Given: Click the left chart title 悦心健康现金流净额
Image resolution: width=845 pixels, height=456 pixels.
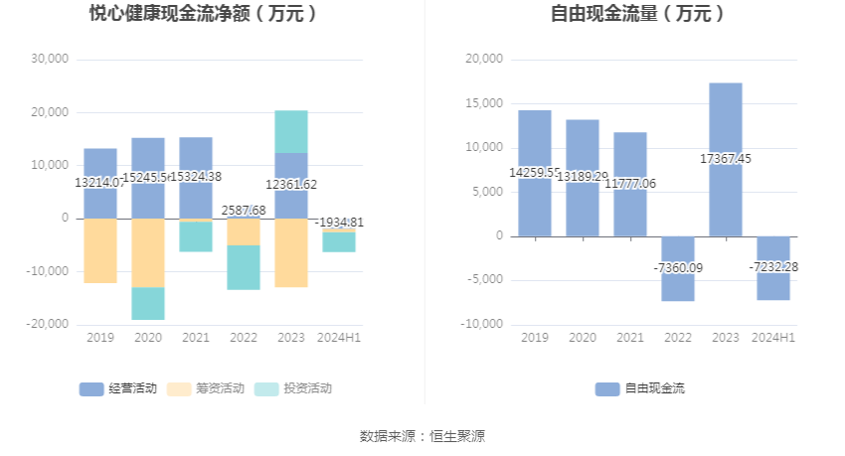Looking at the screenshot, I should click(x=204, y=14).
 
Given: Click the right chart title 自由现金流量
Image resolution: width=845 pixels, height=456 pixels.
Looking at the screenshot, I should click(x=637, y=14).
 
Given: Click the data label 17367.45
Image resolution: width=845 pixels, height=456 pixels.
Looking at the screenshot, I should click(x=726, y=158).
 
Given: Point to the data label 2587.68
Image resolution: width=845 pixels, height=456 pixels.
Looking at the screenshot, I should click(x=243, y=211).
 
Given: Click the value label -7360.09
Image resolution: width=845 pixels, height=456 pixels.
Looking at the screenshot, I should click(x=678, y=267).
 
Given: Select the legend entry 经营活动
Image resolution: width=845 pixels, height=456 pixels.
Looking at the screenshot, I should click(x=118, y=388).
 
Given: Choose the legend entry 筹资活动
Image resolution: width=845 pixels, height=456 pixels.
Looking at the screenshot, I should click(x=205, y=388).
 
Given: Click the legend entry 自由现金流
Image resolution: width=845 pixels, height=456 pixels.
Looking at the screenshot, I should click(x=640, y=388).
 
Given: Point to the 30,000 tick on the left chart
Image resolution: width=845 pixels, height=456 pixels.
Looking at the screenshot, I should click(x=50, y=60).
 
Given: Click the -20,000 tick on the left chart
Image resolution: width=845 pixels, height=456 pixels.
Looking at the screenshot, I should click(x=48, y=324).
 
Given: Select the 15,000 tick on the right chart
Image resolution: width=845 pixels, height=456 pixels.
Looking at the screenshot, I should click(x=485, y=103).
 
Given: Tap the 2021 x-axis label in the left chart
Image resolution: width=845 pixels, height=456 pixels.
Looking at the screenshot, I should click(x=196, y=338).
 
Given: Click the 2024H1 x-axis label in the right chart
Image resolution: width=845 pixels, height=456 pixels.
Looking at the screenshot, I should click(x=773, y=338).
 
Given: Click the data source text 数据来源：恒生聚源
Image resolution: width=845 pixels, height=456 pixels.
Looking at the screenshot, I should click(x=422, y=435).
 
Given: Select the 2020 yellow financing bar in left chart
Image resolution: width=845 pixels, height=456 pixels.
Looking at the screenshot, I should click(x=148, y=252).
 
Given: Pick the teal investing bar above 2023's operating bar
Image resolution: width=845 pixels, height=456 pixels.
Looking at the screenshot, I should click(x=291, y=131).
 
